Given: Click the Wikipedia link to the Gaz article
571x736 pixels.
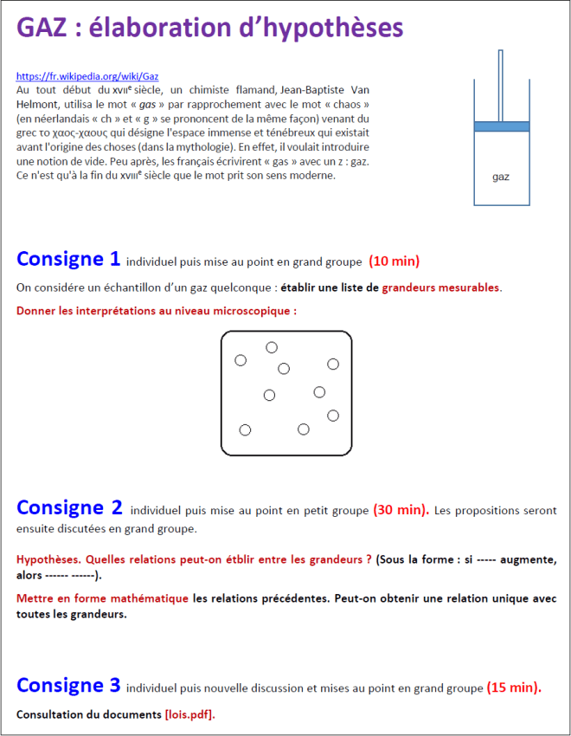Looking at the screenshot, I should pos(87,76).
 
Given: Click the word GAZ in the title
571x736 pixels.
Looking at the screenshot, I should pos(45,29).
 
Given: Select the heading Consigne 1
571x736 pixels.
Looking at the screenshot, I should pos(68,258).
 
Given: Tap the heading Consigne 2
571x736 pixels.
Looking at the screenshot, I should pos(69,507).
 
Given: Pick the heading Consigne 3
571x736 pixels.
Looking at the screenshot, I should pos(68,686).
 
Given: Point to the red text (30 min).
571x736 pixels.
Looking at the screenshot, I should pos(401,510).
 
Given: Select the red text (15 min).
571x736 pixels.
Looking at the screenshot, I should pos(514,688).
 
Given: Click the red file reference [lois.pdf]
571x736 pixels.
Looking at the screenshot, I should pos(189,714).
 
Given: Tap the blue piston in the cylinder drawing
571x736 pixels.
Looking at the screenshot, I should pos(501,126).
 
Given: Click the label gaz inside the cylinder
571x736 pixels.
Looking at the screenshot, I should pos(501,178).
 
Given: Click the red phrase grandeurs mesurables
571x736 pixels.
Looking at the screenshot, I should pos(440,287).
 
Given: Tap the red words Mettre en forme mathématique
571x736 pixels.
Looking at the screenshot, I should pos(102,598).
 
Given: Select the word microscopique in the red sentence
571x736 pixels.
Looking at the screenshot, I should pos(251,309).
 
